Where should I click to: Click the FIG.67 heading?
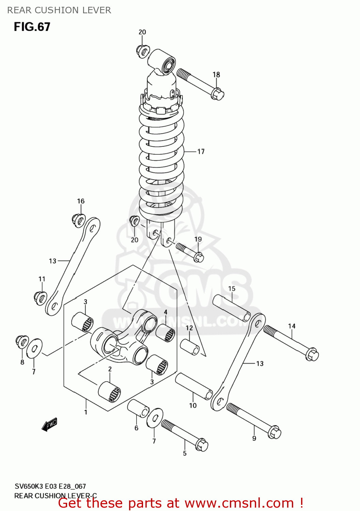[x=32, y=27]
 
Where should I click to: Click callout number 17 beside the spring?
[x=201, y=151]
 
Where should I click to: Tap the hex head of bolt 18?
[x=217, y=94]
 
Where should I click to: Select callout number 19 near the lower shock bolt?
[x=198, y=239]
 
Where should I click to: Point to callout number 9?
[x=254, y=438]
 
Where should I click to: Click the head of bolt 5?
[x=202, y=445]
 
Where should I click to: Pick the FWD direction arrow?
[x=49, y=425]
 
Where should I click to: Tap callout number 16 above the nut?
[x=81, y=201]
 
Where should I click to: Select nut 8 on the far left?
[x=22, y=341]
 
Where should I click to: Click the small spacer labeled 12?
[x=190, y=346]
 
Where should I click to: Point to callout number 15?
[x=232, y=289]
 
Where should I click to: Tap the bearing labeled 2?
[x=110, y=392]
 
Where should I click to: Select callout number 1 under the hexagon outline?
[x=86, y=412]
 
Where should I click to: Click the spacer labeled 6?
[x=138, y=408]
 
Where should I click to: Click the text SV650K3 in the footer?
[x=30, y=486]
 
